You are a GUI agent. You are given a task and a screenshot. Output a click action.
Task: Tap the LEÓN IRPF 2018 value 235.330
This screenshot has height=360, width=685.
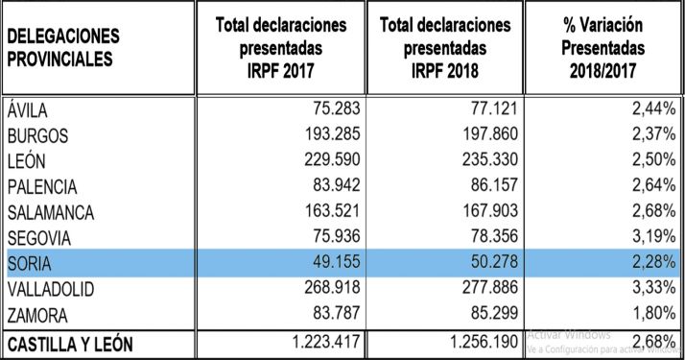484,160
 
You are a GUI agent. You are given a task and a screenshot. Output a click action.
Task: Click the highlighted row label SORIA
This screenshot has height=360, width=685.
28,262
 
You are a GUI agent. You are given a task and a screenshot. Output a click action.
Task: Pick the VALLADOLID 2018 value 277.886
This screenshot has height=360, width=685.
484,286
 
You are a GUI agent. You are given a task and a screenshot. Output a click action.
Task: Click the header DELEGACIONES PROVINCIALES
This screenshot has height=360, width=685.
64,48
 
